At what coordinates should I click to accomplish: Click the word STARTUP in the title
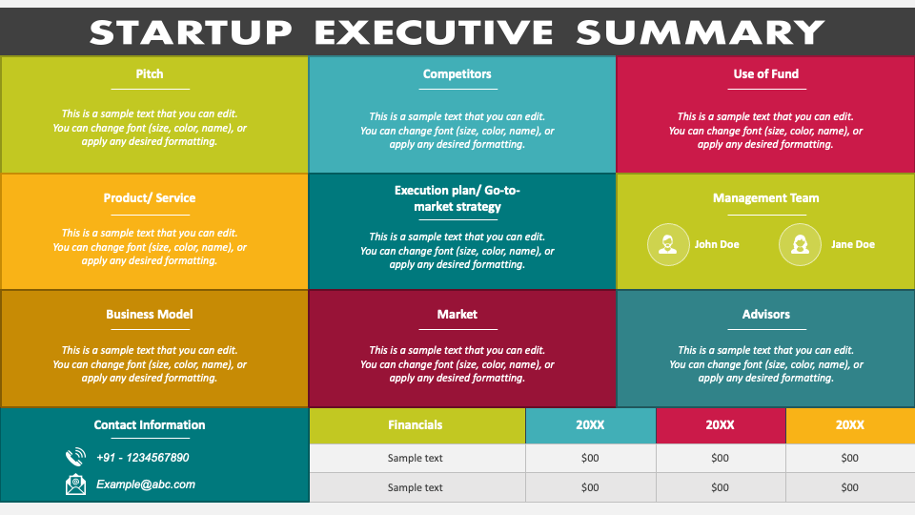[191, 32]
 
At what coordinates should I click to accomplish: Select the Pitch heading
[150, 73]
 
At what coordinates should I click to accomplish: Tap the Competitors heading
[457, 73]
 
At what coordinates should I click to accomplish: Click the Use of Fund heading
[765, 73]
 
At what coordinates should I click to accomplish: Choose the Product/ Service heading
[150, 198]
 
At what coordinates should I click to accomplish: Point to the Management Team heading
[765, 198]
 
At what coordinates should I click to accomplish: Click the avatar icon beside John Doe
[668, 244]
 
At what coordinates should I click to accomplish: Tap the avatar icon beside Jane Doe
[800, 244]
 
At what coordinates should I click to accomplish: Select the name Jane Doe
[852, 244]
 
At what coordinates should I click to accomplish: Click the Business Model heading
[150, 314]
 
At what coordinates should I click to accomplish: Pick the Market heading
[457, 314]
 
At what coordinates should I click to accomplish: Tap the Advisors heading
[765, 314]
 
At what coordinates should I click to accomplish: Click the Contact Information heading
[150, 425]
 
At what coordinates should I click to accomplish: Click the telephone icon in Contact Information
[75, 458]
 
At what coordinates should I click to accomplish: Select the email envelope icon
[75, 484]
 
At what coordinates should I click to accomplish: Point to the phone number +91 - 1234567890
[143, 458]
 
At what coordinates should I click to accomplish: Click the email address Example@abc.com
[146, 484]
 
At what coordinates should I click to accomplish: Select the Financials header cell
[416, 425]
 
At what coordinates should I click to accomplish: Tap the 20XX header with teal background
[590, 425]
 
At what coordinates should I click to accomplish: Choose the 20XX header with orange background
[849, 425]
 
